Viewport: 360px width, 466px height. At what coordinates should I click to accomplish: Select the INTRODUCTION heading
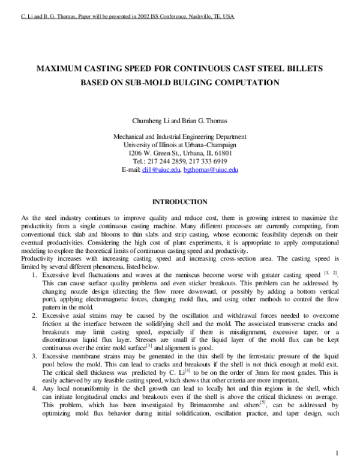point(180,202)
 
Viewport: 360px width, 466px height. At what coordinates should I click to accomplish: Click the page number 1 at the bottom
point(338,452)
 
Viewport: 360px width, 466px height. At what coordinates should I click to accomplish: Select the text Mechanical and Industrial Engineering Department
point(180,136)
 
